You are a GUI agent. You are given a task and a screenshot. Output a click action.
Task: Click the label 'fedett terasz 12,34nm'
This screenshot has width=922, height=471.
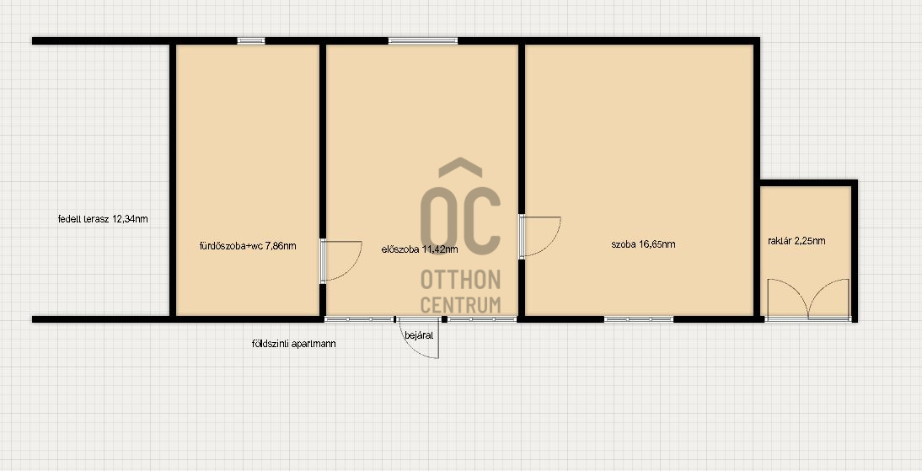103,219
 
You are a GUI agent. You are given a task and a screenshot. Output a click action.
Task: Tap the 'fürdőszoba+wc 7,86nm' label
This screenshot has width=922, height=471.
248,246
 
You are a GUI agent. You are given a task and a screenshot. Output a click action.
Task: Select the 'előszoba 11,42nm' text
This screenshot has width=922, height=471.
420,249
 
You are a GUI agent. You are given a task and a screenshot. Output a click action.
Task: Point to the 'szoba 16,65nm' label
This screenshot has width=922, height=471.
643,244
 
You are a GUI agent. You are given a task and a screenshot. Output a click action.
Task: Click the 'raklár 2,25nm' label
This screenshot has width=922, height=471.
796,240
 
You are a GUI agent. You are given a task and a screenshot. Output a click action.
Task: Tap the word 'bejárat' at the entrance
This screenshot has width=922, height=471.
419,335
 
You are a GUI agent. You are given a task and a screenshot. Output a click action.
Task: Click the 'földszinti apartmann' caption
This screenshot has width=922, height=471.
293,344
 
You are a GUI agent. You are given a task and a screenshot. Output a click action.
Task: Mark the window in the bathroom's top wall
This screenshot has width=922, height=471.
251,40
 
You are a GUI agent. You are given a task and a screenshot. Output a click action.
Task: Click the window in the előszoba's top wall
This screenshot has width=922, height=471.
423,40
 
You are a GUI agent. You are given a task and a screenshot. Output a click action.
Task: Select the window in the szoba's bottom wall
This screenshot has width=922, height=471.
639,319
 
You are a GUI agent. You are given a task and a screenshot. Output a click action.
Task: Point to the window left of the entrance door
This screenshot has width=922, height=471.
359,319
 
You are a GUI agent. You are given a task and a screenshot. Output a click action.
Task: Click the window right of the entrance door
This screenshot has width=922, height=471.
482,319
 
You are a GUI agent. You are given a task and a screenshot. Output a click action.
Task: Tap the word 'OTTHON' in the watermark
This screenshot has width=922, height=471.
460,280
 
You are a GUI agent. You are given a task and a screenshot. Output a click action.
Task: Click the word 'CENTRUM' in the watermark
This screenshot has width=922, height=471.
460,305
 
